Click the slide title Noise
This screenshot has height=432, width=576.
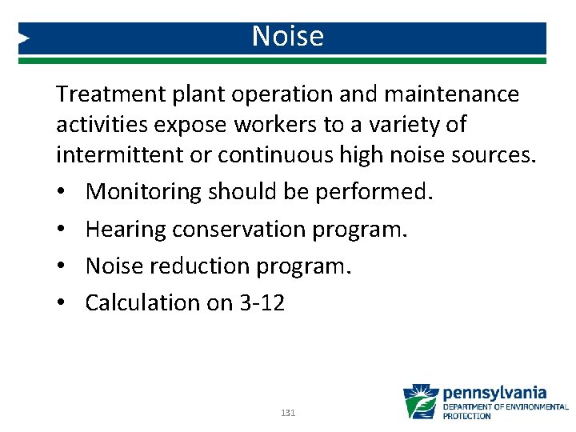(287, 37)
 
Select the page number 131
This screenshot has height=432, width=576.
(288, 413)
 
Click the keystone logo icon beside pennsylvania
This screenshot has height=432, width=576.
(420, 401)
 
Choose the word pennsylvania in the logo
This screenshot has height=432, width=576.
(494, 393)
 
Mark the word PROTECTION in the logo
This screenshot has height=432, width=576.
(467, 416)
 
